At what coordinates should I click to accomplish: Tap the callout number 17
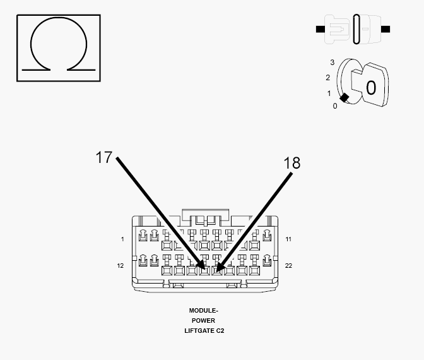pyautogui.click(x=104, y=157)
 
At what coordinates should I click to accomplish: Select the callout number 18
pyautogui.click(x=291, y=163)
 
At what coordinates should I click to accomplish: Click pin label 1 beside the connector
pyautogui.click(x=122, y=239)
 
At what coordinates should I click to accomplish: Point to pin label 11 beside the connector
pyautogui.click(x=288, y=239)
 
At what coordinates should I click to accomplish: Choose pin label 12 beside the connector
pyautogui.click(x=121, y=266)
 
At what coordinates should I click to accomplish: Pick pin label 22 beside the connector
pyautogui.click(x=288, y=266)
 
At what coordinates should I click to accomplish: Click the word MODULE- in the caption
pyautogui.click(x=203, y=311)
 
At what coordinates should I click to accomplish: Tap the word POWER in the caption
pyautogui.click(x=203, y=320)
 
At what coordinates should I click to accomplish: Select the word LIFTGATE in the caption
pyautogui.click(x=199, y=331)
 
